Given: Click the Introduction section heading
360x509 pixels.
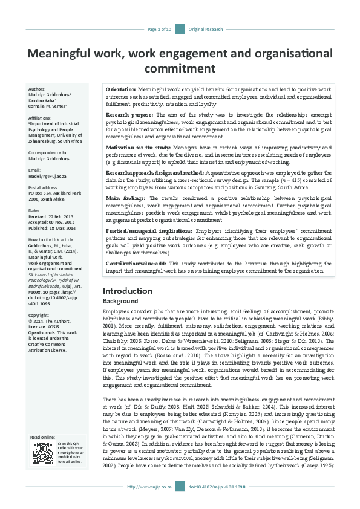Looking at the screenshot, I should (x=128, y=291).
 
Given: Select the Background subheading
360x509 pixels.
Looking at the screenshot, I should (x=120, y=301).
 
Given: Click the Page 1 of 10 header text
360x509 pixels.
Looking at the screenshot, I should (x=160, y=28).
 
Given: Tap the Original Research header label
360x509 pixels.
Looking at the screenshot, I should (x=206, y=28).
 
